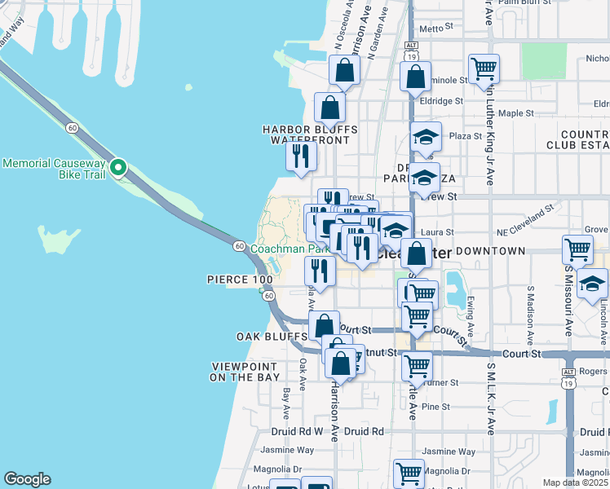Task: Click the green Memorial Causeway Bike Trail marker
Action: [118, 169]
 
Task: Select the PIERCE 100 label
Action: [241, 280]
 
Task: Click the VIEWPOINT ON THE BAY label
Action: [245, 372]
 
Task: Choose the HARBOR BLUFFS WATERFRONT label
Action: [309, 134]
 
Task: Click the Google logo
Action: [27, 479]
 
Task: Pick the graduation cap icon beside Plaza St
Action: [425, 137]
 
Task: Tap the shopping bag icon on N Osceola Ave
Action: [345, 72]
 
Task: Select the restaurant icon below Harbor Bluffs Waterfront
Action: [302, 156]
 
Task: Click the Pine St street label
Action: [436, 407]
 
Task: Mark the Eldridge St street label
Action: [441, 102]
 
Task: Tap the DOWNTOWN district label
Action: [491, 251]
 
